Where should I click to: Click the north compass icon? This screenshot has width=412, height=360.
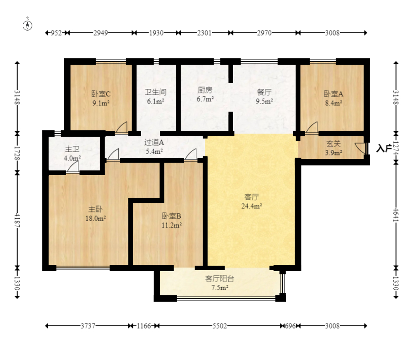point(28,25)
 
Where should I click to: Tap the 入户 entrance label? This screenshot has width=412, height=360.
point(384,148)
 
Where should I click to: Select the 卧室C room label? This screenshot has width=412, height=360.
point(101,93)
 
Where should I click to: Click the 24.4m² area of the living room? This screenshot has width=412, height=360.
point(251,206)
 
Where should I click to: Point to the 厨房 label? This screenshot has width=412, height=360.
point(205,90)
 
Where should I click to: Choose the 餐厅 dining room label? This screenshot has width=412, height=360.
point(264,92)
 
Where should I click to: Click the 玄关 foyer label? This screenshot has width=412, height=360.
point(333,144)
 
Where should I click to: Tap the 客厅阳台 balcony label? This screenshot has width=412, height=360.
point(219,278)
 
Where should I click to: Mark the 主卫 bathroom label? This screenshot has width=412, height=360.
point(72,149)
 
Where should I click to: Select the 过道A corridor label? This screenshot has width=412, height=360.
point(154,142)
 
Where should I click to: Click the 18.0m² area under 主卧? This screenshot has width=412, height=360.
point(96,218)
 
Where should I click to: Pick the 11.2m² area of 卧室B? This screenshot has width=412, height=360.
point(172,226)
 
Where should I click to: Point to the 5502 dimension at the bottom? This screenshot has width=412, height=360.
point(219,326)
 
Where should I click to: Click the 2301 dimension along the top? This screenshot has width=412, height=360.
point(204,33)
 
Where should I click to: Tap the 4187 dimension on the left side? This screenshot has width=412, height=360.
point(17,221)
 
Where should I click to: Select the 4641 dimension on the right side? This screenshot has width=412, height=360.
point(396,215)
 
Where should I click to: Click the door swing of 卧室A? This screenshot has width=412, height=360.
point(312,128)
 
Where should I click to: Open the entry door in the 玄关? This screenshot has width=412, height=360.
point(361,148)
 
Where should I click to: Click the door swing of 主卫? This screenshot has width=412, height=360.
point(73,167)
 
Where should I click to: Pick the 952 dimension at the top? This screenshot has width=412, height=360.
point(56,33)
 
